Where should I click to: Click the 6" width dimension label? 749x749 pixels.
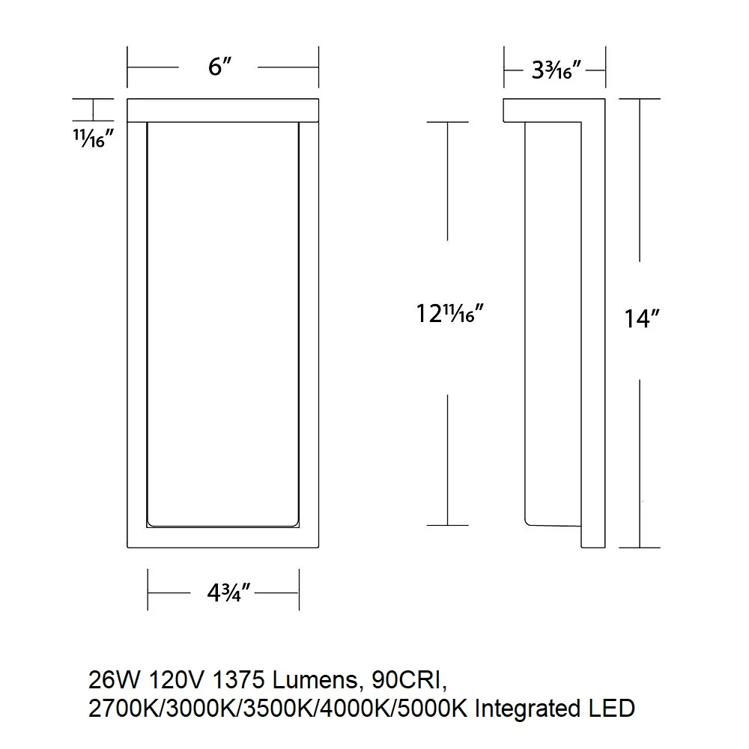tap(219, 67)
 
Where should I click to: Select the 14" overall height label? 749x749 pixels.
tap(642, 318)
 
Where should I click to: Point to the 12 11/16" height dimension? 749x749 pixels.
tap(450, 314)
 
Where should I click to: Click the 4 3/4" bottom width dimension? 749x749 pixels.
tap(228, 593)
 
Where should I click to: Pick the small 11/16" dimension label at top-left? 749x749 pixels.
tap(93, 138)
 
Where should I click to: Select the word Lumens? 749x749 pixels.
tap(315, 680)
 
